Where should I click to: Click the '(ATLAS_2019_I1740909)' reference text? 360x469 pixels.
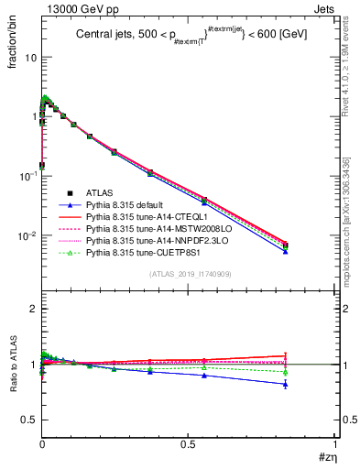(x=189, y=274)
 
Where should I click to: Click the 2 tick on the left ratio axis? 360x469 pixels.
(x=35, y=309)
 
